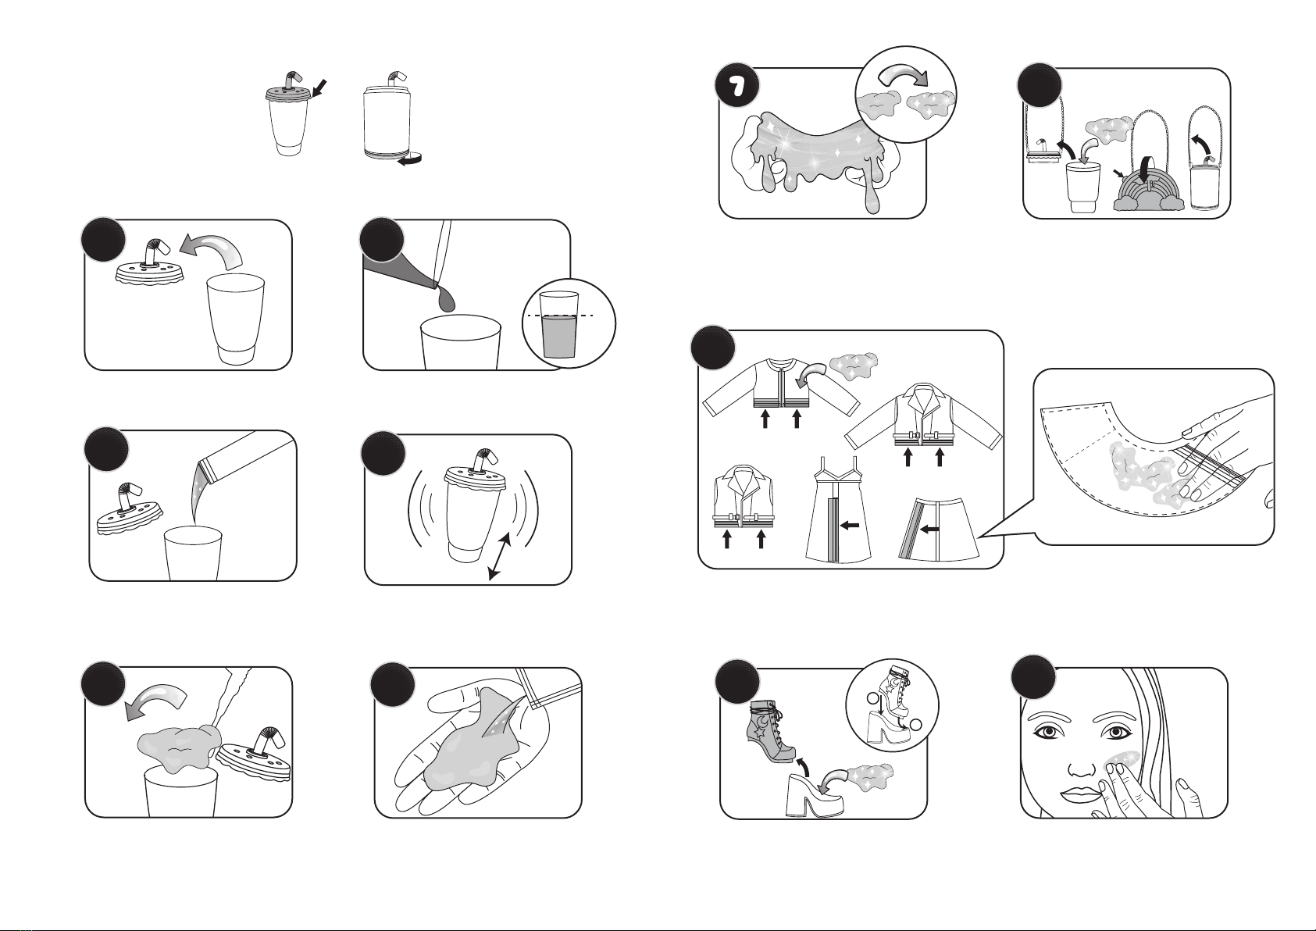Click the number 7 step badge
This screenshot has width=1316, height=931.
[736, 87]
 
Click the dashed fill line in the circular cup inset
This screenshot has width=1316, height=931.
[561, 316]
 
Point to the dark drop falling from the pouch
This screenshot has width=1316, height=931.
[447, 299]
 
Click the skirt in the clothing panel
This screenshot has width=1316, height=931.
[939, 527]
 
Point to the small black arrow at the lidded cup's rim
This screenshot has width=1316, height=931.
[318, 89]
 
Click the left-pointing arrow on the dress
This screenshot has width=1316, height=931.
[850, 525]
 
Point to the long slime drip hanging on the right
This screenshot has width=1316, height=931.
[872, 188]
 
